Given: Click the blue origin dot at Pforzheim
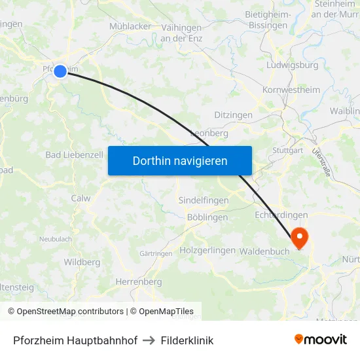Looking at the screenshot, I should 60,71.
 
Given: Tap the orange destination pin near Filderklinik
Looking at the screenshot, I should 298,238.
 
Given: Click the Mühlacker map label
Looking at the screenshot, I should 131,27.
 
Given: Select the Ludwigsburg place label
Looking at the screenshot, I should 293,65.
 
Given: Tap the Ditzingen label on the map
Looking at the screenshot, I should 233,115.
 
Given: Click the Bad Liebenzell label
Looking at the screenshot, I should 74,155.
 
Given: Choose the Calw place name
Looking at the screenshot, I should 81,198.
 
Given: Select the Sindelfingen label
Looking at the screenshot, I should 204,200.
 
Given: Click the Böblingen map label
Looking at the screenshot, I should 207,217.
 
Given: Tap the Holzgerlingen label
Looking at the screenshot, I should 207,250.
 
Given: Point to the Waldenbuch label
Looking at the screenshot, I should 264,251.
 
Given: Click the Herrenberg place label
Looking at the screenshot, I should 138,281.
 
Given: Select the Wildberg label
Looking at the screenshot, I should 82,262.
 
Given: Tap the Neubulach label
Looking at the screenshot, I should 56,239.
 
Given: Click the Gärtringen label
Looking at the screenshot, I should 156,253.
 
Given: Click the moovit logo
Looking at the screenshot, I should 321,339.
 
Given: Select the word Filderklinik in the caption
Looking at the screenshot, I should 187,340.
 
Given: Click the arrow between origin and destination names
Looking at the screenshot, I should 149,340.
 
